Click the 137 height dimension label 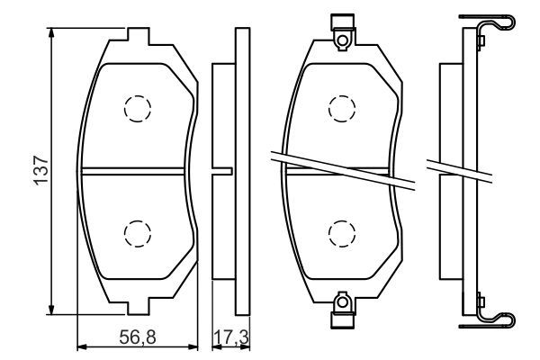pyautogui.click(x=40, y=169)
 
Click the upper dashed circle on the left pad pyautogui.click(x=137, y=108)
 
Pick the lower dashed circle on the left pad pyautogui.click(x=137, y=234)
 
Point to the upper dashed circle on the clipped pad pyautogui.click(x=341, y=108)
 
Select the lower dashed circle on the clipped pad pyautogui.click(x=341, y=234)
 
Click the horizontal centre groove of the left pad pyautogui.click(x=135, y=170)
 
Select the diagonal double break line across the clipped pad pyautogui.click(x=342, y=168)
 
